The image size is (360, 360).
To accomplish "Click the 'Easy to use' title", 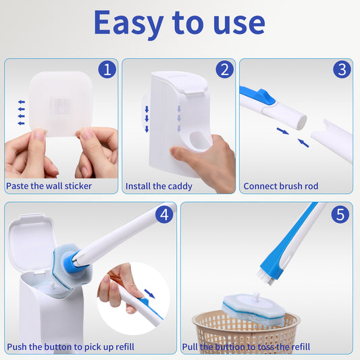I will (x=179, y=22).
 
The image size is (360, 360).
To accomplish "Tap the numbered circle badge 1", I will (x=107, y=70).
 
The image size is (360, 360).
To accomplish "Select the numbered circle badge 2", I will (x=224, y=70).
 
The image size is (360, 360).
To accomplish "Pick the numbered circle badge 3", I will (x=342, y=70).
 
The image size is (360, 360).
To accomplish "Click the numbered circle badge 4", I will (x=164, y=215).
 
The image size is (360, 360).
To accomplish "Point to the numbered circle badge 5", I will (x=341, y=215).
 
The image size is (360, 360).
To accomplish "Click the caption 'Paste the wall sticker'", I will (x=49, y=186).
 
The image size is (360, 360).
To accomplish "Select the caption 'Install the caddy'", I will (x=159, y=186).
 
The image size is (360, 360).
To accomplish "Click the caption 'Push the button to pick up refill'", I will (x=71, y=346).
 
